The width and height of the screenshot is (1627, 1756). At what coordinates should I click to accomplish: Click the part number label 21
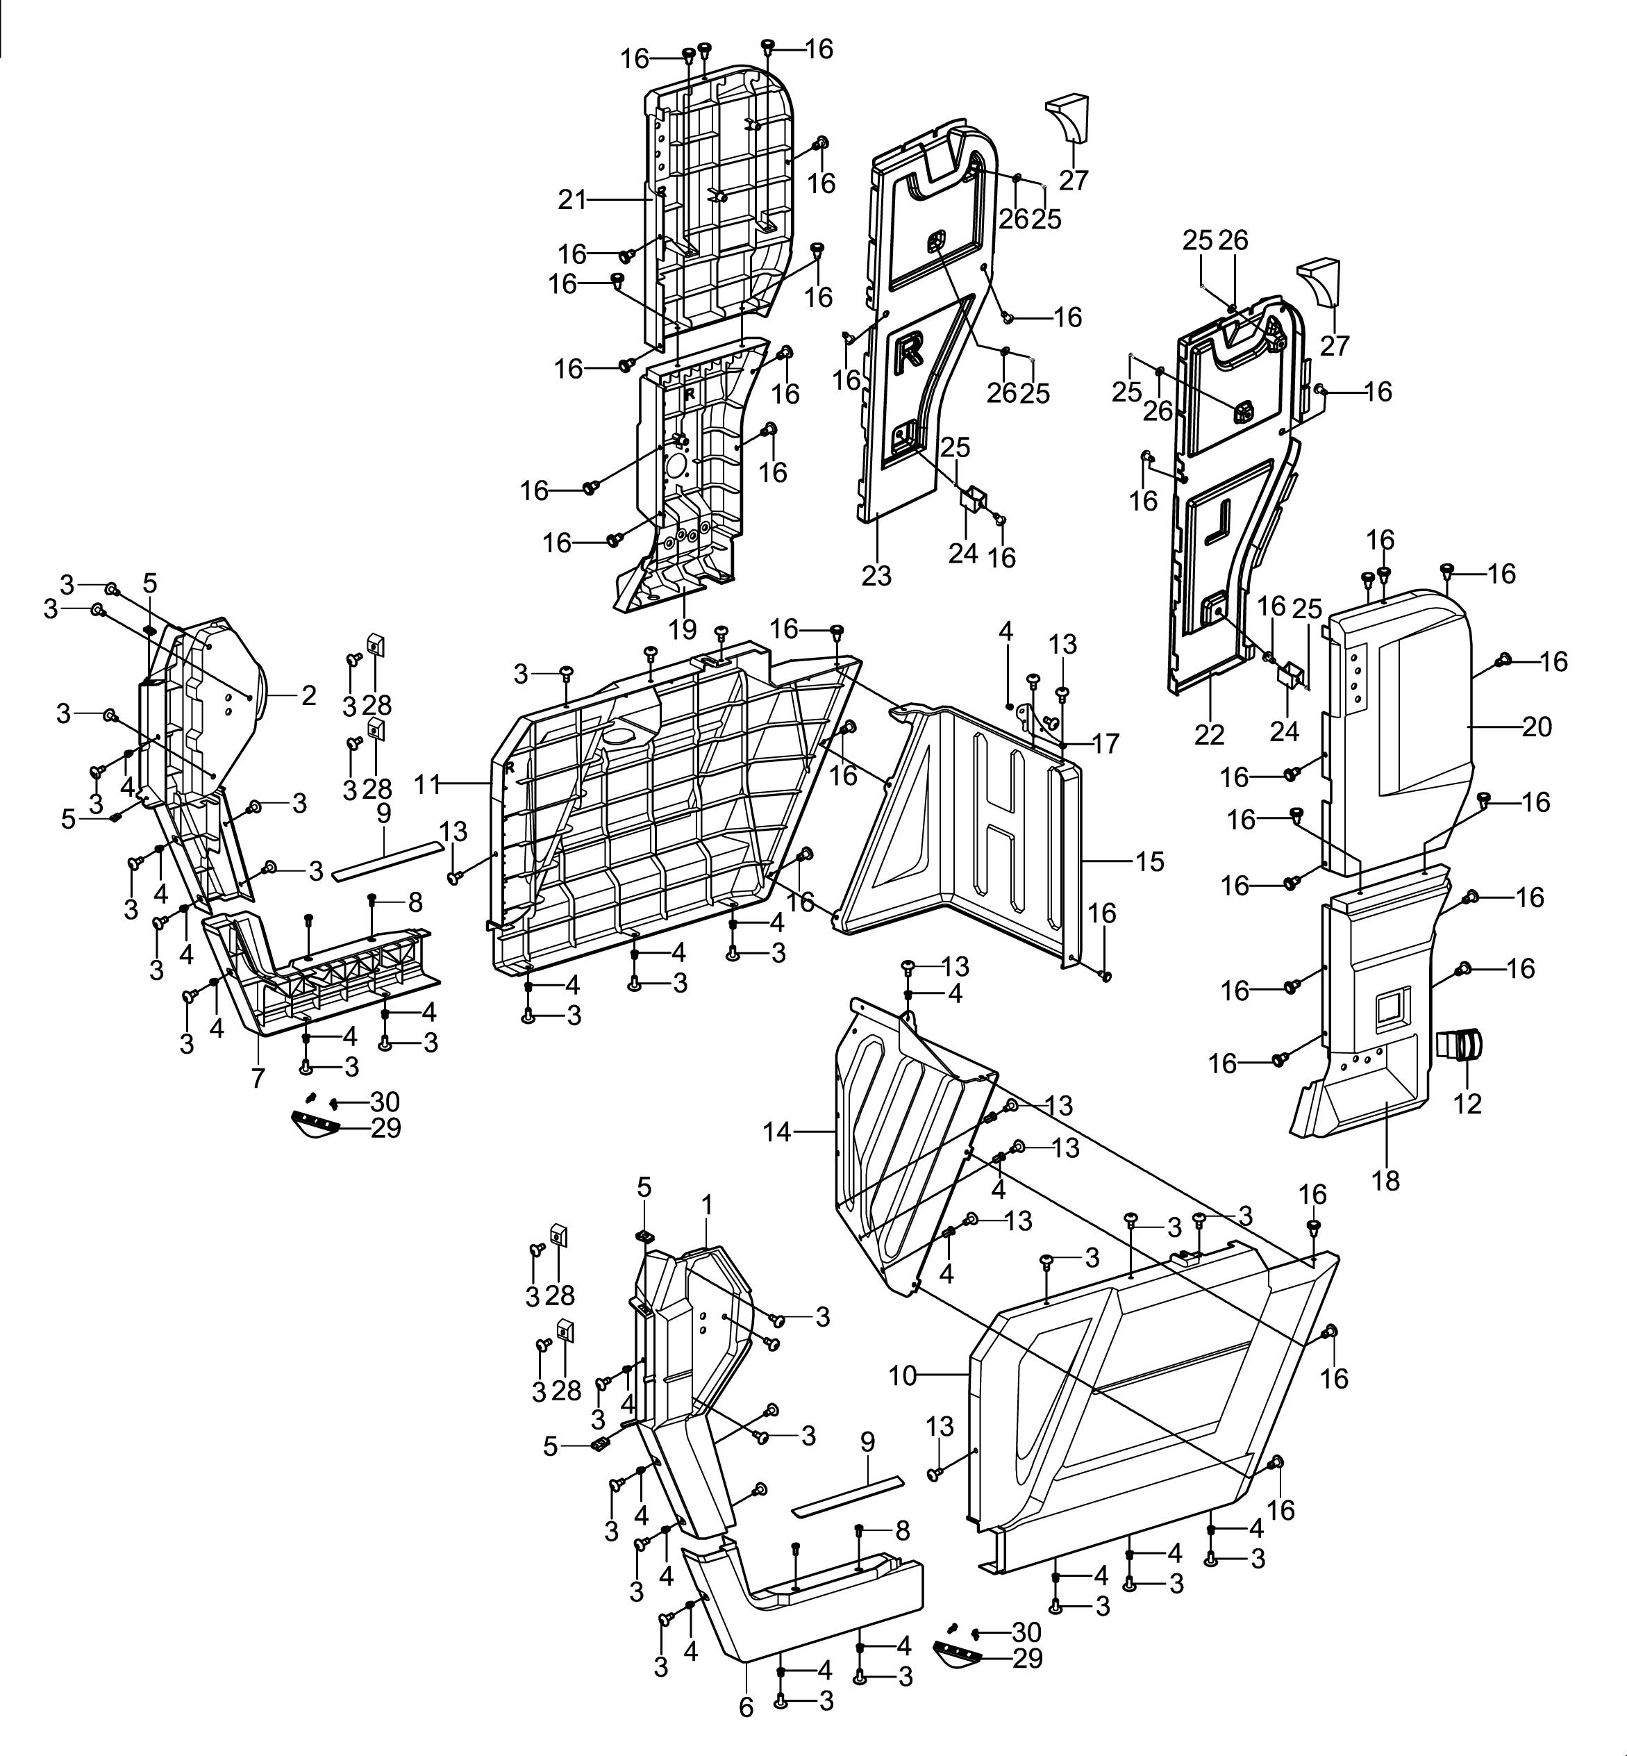coord(572,201)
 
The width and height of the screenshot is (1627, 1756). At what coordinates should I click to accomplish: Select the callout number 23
coord(876,575)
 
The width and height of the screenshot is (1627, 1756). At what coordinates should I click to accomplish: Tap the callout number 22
coord(1209,734)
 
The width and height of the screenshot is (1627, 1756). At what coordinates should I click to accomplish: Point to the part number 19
coord(683,629)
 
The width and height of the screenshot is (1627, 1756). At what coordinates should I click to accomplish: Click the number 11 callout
coord(427,784)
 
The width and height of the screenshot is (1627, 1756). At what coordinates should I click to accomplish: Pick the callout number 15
coord(1150,861)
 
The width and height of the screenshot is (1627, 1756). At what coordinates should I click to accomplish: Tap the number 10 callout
coord(903,1375)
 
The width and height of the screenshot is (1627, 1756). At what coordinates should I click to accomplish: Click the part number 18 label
coord(1386,1180)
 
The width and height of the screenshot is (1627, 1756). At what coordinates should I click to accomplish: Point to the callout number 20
coord(1537,727)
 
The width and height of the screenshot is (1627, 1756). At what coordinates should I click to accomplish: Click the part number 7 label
coord(258,1077)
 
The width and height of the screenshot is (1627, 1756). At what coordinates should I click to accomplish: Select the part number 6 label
coord(746,1707)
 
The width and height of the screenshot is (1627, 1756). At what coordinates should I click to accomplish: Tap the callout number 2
coord(308,696)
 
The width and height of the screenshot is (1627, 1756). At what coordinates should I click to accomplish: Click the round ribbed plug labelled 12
coord(1460,1045)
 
